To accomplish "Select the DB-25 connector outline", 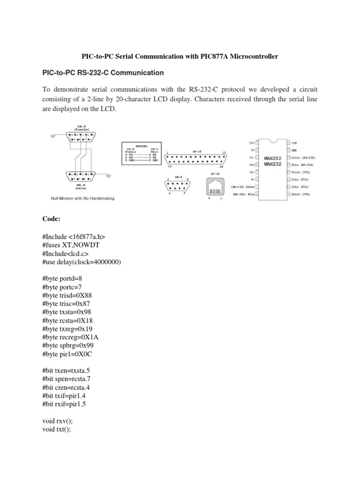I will click(x=197, y=159).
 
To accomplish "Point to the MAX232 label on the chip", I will click(x=272, y=165).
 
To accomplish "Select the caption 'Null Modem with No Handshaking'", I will click(x=82, y=198).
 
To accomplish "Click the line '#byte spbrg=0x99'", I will click(x=70, y=345).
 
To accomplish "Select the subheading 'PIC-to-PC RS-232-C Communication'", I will click(x=103, y=73).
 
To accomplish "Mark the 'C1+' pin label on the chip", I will click(x=252, y=142).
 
